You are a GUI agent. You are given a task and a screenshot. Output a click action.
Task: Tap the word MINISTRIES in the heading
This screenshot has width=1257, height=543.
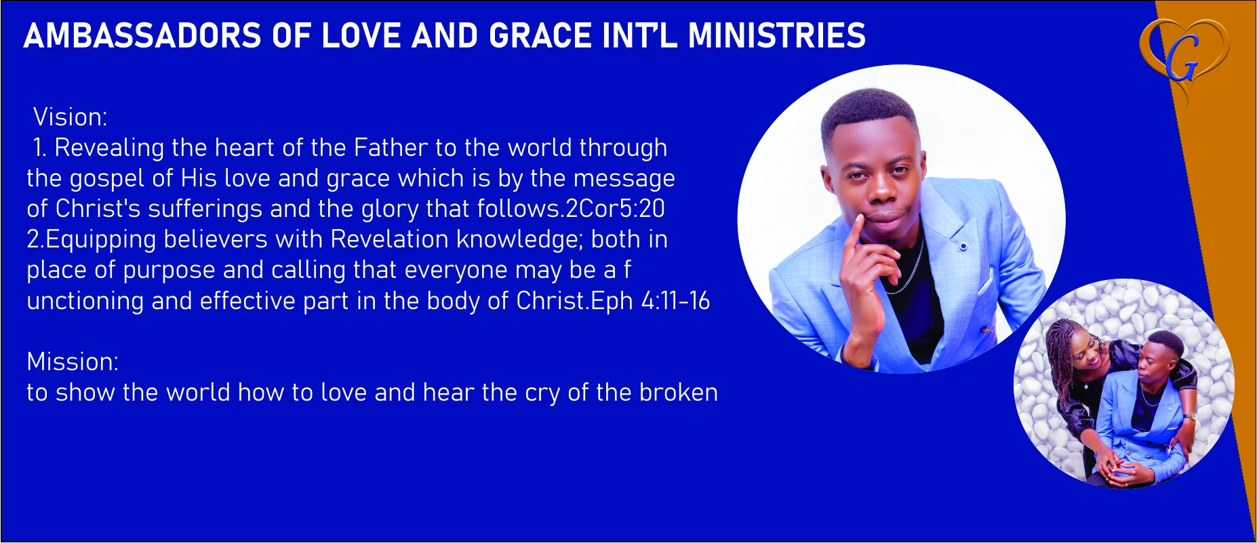pyautogui.click(x=776, y=36)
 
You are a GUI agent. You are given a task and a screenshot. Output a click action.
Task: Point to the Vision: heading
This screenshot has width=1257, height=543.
pyautogui.click(x=71, y=117)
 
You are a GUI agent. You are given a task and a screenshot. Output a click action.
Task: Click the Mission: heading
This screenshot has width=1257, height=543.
pyautogui.click(x=73, y=361)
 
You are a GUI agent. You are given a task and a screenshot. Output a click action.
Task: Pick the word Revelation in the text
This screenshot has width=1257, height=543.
pyautogui.click(x=390, y=239)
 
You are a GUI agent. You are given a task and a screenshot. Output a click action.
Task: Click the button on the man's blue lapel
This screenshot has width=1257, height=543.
pyautogui.click(x=963, y=246)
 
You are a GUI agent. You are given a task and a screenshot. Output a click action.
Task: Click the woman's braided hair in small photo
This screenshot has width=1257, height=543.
pyautogui.click(x=1063, y=353)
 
